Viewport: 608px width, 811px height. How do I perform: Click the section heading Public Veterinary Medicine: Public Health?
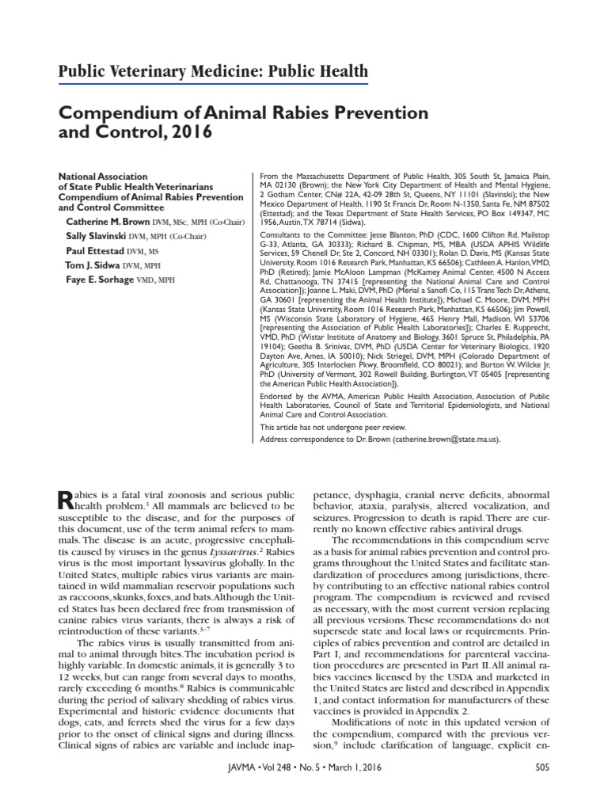[214, 72]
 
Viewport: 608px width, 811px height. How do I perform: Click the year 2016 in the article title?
[189, 131]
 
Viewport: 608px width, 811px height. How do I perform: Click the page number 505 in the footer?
[542, 788]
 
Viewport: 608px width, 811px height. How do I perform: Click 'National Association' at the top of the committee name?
[103, 176]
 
